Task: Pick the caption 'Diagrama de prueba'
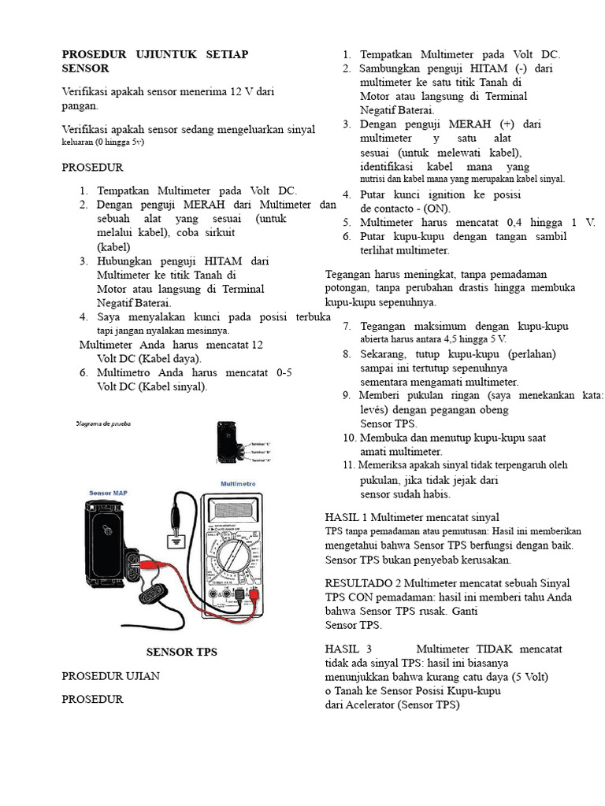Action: [x=103, y=423]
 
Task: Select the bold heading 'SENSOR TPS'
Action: [x=182, y=652]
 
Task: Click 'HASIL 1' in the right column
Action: [x=346, y=517]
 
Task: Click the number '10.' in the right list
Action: [x=350, y=438]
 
